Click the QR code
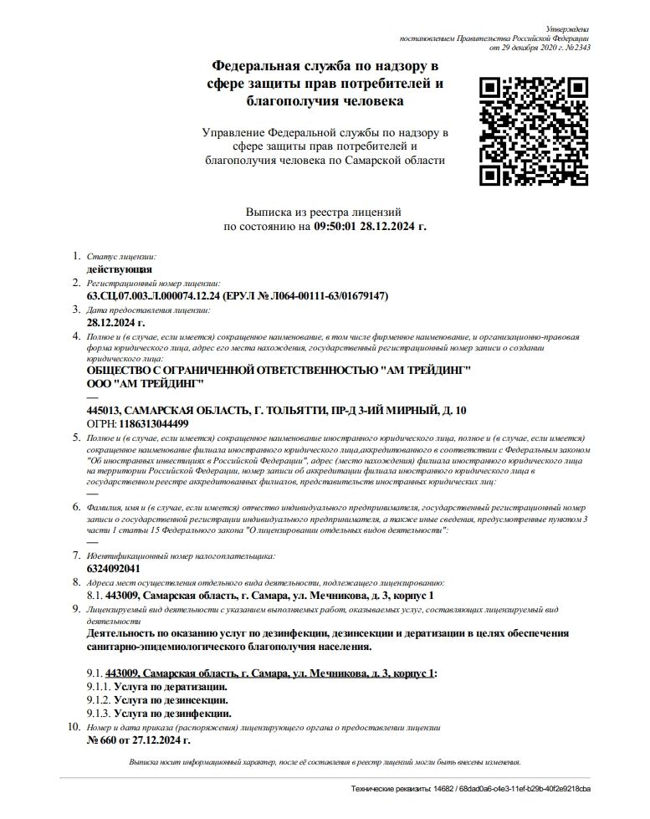click(x=532, y=131)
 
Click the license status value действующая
click(x=120, y=269)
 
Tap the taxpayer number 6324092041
click(x=113, y=569)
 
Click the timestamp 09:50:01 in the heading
click(x=340, y=227)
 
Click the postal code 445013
click(x=103, y=410)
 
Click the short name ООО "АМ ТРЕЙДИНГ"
click(x=146, y=383)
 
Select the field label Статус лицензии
click(x=121, y=257)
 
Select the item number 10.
click(x=72, y=728)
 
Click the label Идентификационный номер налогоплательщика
click(x=181, y=555)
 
